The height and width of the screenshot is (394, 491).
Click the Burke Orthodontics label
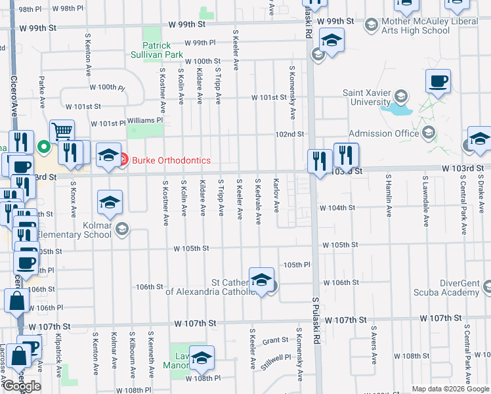coord(171,160)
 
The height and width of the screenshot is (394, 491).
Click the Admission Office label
coord(383,133)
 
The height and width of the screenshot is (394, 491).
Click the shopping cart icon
coord(62,132)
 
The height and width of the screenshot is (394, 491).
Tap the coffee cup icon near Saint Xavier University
coord(438,82)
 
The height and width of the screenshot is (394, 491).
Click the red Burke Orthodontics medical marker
coord(123,158)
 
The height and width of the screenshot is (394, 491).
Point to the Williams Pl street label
coord(144,120)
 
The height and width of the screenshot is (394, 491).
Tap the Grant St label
coord(275,340)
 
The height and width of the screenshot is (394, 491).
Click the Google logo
coord(22,386)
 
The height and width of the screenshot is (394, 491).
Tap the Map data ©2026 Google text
coord(450,389)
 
